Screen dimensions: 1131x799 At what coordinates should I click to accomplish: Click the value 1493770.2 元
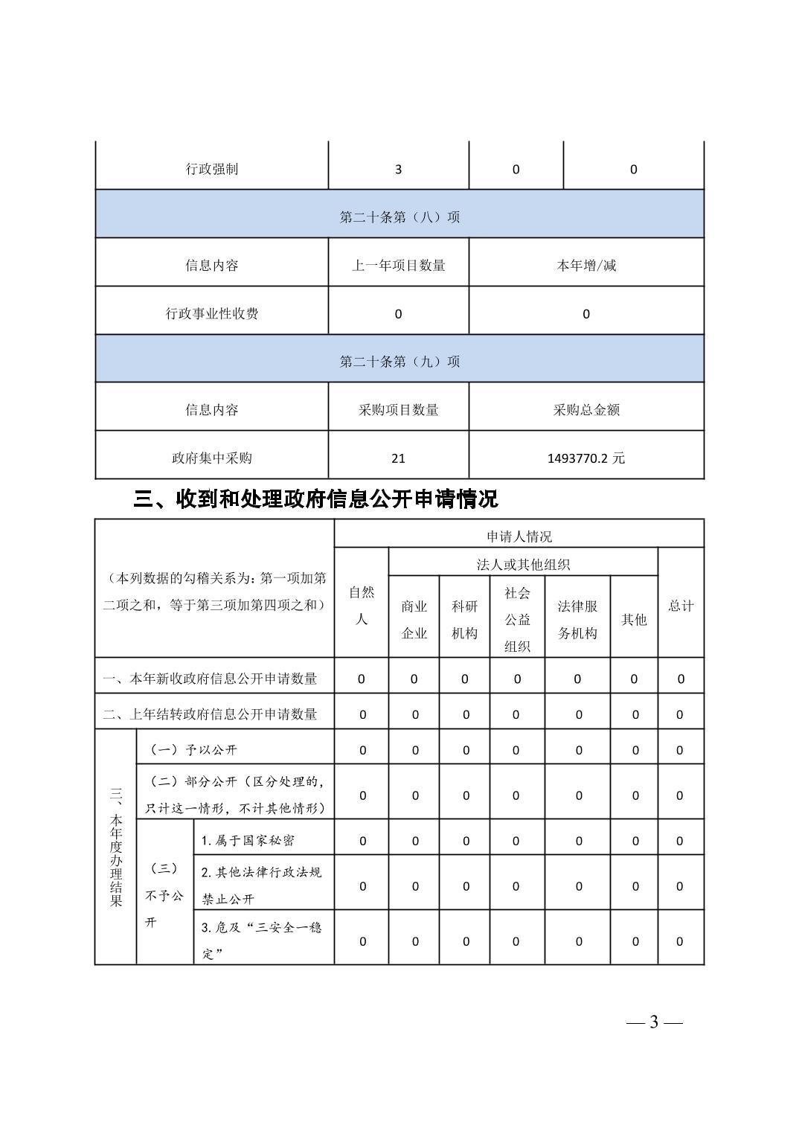pyautogui.click(x=586, y=458)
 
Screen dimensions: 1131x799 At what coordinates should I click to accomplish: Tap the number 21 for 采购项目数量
pyautogui.click(x=398, y=458)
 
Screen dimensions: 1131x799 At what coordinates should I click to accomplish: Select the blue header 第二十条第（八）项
pyautogui.click(x=399, y=217)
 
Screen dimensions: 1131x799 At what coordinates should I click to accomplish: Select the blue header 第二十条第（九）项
pyautogui.click(x=399, y=361)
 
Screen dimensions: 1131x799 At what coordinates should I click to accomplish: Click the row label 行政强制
pyautogui.click(x=212, y=169)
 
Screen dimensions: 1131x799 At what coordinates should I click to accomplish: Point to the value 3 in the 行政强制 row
pyautogui.click(x=398, y=169)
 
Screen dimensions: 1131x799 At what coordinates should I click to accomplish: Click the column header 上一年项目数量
pyautogui.click(x=398, y=265)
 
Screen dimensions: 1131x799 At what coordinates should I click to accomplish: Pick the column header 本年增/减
pyautogui.click(x=586, y=265)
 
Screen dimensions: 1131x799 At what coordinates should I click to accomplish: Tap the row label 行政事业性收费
pyautogui.click(x=212, y=313)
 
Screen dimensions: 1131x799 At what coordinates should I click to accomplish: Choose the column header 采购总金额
pyautogui.click(x=586, y=409)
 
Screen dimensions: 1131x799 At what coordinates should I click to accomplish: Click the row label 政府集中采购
pyautogui.click(x=212, y=458)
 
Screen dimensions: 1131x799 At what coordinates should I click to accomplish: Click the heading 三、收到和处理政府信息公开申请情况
pyautogui.click(x=315, y=499)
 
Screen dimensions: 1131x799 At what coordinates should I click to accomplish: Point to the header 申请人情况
pyautogui.click(x=519, y=536)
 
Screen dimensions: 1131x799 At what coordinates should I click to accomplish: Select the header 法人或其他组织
pyautogui.click(x=523, y=564)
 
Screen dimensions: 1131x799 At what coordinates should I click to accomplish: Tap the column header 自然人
pyautogui.click(x=362, y=605)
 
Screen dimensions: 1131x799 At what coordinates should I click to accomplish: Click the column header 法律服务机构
pyautogui.click(x=577, y=619)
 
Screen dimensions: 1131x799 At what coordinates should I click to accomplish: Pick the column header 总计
pyautogui.click(x=681, y=605)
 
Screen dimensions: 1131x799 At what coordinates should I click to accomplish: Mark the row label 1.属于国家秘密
pyautogui.click(x=248, y=840)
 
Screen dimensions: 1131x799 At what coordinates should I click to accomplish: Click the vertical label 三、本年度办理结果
pyautogui.click(x=115, y=847)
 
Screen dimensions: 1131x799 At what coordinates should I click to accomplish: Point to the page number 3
pyautogui.click(x=654, y=1022)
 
